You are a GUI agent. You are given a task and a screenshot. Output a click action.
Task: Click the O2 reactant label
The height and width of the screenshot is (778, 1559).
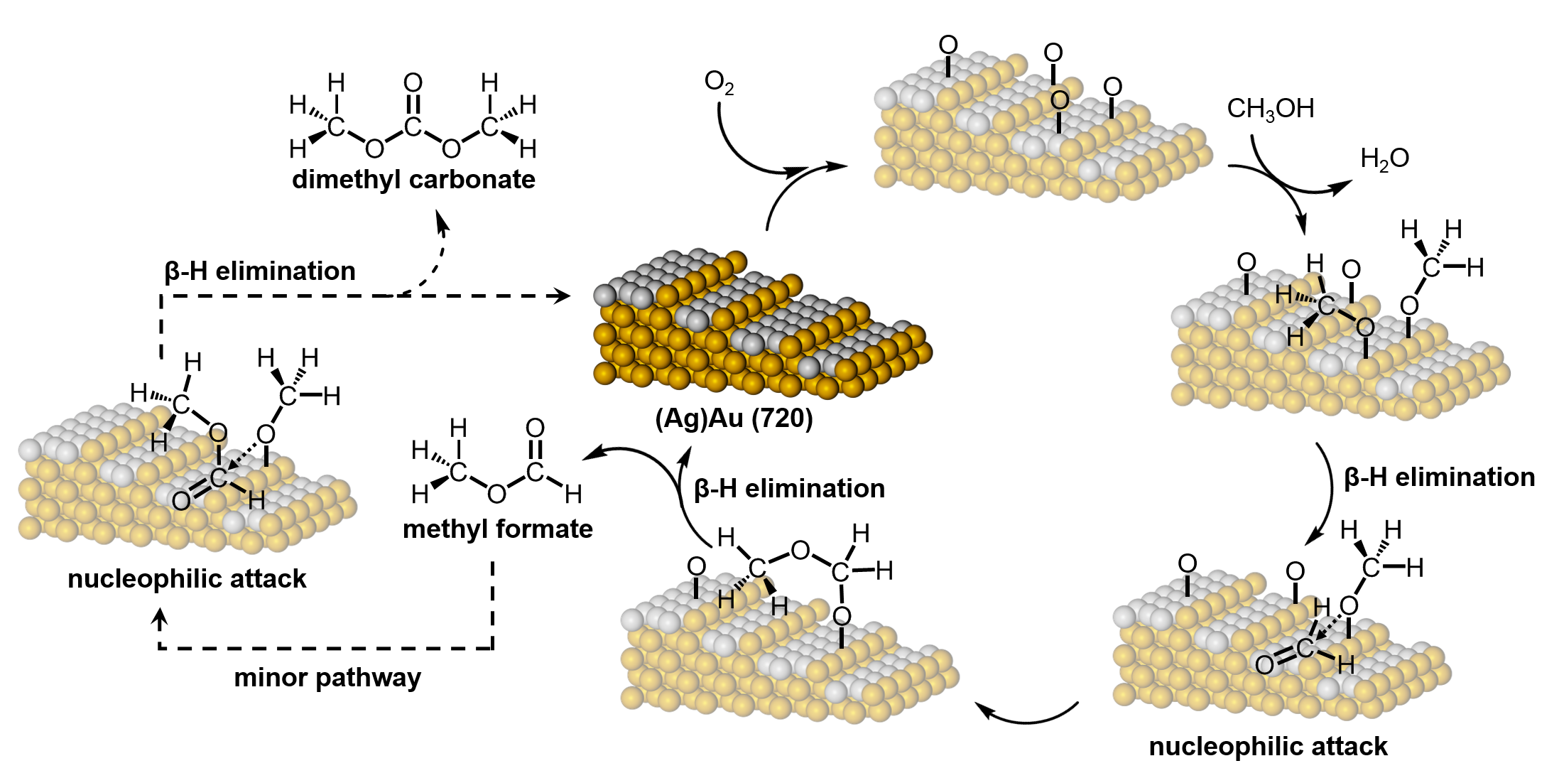tap(718, 82)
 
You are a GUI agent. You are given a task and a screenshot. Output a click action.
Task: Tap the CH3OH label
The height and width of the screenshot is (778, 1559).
tap(1270, 109)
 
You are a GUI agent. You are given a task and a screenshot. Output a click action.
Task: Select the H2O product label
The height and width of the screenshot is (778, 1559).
tap(1384, 158)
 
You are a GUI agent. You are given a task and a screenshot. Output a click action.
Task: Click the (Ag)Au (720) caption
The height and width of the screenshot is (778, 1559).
tap(734, 418)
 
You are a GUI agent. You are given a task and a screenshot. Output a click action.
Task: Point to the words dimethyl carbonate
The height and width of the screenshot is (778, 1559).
tap(413, 179)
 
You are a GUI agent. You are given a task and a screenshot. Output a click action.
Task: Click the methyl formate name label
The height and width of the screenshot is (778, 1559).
tap(497, 529)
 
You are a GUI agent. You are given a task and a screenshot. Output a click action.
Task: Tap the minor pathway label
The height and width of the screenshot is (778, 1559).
tap(327, 677)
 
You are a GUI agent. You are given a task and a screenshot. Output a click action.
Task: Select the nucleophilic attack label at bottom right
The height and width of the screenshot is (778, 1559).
tap(1268, 746)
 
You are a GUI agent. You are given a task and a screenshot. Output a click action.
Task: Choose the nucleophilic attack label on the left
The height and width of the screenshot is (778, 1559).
tap(187, 578)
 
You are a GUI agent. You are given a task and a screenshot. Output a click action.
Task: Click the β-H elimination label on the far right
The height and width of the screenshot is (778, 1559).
tap(1440, 477)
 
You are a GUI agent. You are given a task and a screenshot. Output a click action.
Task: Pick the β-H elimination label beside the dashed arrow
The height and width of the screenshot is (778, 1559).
tap(260, 271)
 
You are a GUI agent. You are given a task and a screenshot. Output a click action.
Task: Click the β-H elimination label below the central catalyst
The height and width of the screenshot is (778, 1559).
tap(789, 488)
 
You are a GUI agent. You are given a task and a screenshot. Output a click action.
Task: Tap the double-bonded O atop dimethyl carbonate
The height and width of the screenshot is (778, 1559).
tap(413, 83)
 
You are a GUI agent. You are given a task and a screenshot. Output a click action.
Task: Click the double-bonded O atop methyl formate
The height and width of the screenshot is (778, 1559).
tap(535, 428)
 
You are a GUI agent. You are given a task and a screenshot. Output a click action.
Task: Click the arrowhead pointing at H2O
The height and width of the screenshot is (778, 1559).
tap(1343, 186)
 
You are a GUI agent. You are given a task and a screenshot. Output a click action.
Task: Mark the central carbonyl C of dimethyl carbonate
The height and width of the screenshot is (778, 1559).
tap(413, 127)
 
